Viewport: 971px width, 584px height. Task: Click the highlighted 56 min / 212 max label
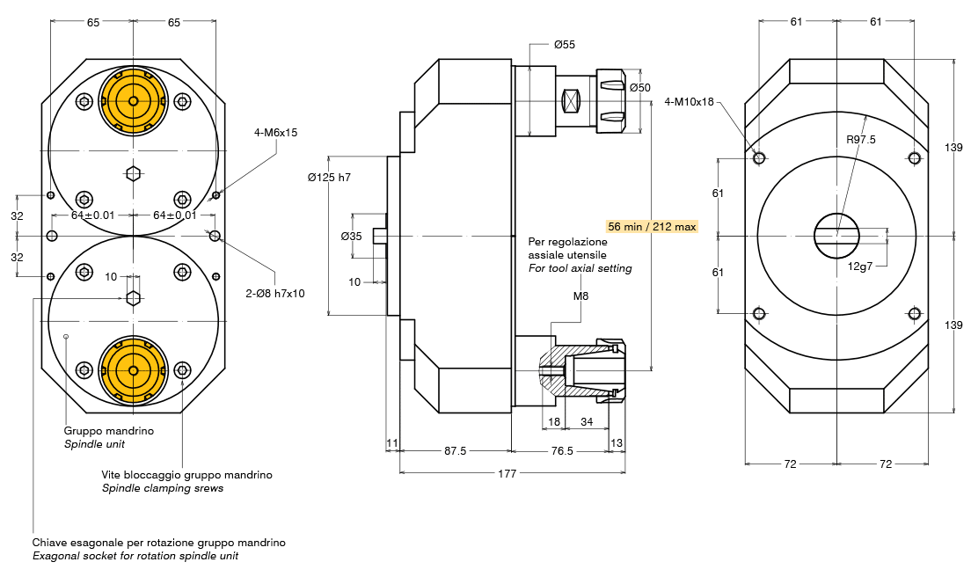[x=652, y=226]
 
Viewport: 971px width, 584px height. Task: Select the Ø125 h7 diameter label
[x=329, y=178]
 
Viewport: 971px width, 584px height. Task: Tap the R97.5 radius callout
[x=860, y=139]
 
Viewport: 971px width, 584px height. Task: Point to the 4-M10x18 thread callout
[x=689, y=101]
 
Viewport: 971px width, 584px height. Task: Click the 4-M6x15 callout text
[x=276, y=133]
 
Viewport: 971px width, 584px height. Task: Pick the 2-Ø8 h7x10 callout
[x=275, y=293]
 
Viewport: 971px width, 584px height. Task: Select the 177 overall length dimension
[x=507, y=473]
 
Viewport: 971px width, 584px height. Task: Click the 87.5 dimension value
[x=455, y=450]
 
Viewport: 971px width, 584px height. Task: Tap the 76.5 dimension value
[x=561, y=450]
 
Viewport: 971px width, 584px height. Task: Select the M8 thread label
[x=580, y=296]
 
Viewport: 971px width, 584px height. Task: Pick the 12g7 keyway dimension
[x=859, y=266]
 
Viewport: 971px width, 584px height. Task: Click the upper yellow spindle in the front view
[x=133, y=101]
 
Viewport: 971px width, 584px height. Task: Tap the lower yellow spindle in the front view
[x=133, y=371]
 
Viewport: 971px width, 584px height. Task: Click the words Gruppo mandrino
[x=109, y=431]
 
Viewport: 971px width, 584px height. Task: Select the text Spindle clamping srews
[x=162, y=488]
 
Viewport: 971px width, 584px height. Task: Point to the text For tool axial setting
[x=580, y=268]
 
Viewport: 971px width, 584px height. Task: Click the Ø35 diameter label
[x=351, y=236]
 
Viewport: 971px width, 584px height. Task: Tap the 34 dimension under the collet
[x=587, y=422]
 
